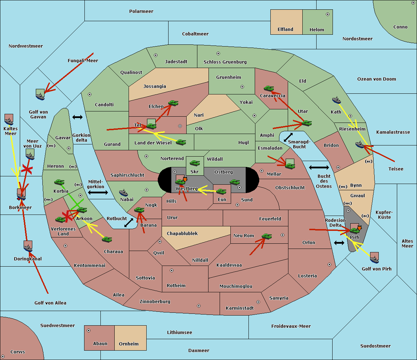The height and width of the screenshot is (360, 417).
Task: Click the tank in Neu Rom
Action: pyautogui.click(x=267, y=236)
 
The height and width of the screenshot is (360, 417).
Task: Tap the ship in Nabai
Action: pyautogui.click(x=123, y=193)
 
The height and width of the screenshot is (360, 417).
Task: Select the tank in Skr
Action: pyautogui.click(x=195, y=163)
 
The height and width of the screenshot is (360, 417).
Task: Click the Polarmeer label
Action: pyautogui.click(x=141, y=11)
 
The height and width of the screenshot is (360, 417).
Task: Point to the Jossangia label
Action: pyautogui.click(x=155, y=86)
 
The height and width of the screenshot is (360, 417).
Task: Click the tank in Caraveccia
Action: pyautogui.click(x=269, y=88)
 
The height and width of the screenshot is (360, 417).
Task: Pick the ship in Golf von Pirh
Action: pyautogui.click(x=375, y=259)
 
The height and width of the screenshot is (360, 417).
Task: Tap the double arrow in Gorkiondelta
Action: pyautogui.click(x=77, y=117)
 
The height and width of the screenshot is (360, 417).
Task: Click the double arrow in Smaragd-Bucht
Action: pyautogui.click(x=288, y=137)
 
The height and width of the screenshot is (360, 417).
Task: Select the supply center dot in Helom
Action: pyautogui.click(x=328, y=14)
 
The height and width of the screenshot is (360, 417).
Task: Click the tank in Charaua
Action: pyautogui.click(x=107, y=240)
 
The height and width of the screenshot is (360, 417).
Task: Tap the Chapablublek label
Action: pyautogui.click(x=182, y=233)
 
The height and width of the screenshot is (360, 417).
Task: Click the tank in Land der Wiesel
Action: pyautogui.click(x=181, y=143)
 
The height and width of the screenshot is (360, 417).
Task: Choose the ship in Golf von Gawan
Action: pyautogui.click(x=40, y=96)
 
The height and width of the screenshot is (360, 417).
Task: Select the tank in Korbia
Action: pyautogui.click(x=59, y=182)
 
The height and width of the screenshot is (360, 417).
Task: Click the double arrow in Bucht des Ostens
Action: pyautogui.click(x=319, y=167)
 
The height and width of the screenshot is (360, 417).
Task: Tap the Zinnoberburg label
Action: pyautogui.click(x=155, y=302)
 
